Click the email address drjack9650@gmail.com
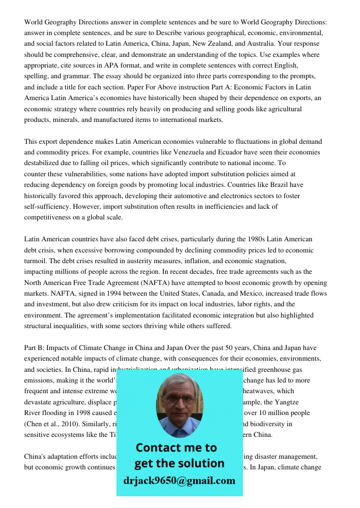179,481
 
